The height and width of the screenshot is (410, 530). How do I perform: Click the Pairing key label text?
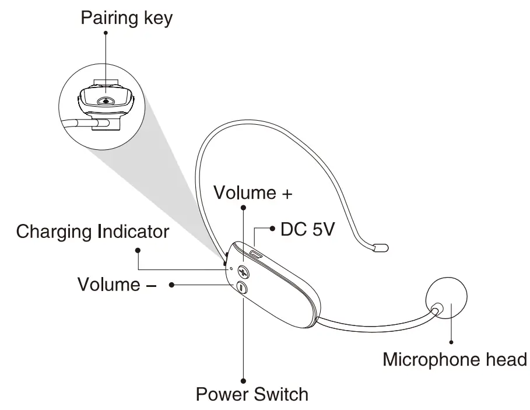(127, 17)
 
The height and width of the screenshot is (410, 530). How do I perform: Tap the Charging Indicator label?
(92, 232)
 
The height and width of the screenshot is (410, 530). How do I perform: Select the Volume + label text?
(252, 192)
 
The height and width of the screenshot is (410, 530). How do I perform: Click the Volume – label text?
(110, 285)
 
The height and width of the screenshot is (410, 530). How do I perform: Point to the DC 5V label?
(308, 229)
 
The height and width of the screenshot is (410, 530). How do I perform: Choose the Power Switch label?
(252, 394)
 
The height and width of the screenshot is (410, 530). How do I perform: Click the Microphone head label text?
(454, 359)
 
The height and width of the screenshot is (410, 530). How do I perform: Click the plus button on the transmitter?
(243, 272)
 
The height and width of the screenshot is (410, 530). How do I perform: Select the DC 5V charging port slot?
(257, 254)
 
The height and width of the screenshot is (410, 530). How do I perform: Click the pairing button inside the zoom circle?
(105, 100)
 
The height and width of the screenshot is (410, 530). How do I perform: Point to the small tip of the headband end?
(381, 247)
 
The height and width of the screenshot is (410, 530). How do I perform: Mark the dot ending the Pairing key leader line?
(106, 33)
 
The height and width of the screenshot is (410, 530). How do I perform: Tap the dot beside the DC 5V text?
(272, 229)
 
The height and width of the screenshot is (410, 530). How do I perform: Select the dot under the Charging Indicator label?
(138, 251)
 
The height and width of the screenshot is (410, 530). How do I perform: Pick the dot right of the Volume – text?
(172, 285)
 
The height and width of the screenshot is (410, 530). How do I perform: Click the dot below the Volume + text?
(243, 208)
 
